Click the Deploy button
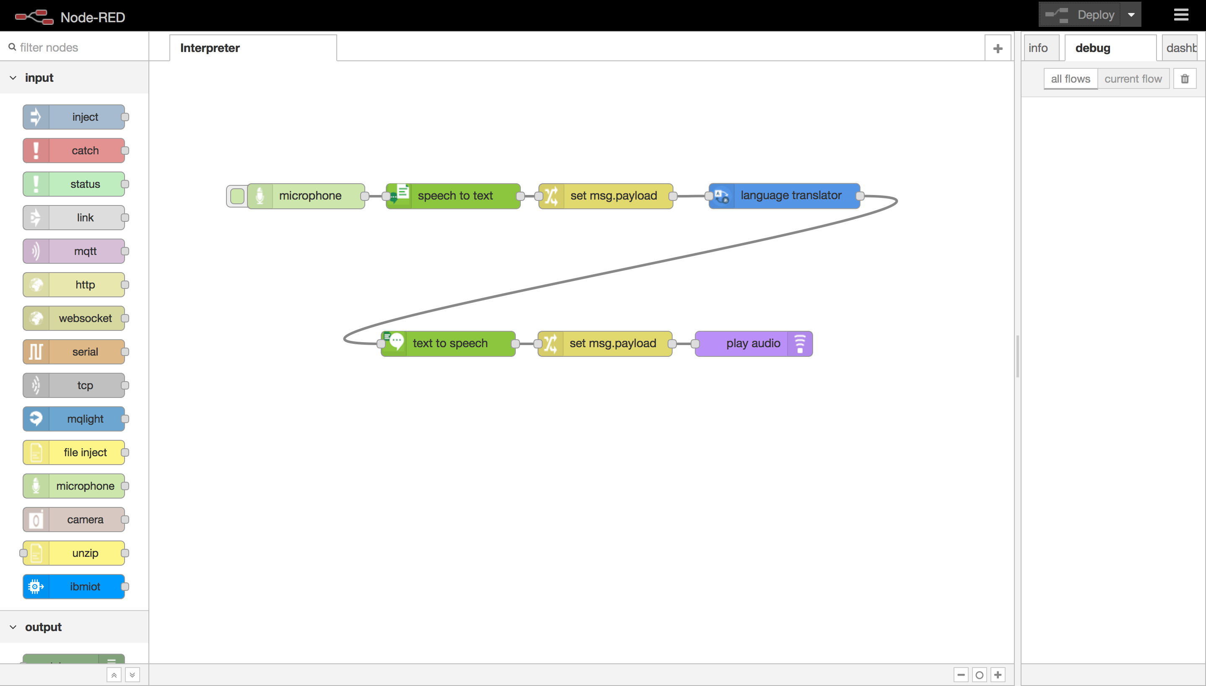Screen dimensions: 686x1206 click(x=1080, y=15)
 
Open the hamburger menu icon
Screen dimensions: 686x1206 click(x=1180, y=15)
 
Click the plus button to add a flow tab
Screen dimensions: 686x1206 click(x=997, y=49)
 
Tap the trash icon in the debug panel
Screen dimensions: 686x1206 click(x=1184, y=79)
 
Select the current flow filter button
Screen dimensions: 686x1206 click(x=1133, y=79)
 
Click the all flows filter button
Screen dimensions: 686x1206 click(x=1070, y=79)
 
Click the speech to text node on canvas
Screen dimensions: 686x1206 click(x=455, y=195)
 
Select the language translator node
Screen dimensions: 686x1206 click(x=790, y=195)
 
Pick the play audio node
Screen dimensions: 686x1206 click(x=753, y=343)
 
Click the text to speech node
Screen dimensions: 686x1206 click(x=450, y=343)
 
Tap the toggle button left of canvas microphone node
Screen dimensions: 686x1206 click(x=237, y=196)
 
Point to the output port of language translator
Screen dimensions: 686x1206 click(x=860, y=195)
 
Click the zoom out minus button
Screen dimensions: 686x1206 click(x=961, y=675)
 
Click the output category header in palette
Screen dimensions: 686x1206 click(x=43, y=627)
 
